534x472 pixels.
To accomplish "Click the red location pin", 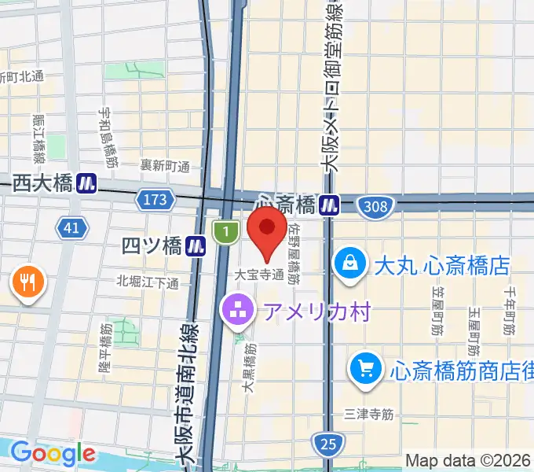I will pos(266,233).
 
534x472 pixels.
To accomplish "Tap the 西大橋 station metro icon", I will pos(86,184).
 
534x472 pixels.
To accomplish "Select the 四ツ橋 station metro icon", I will pos(196,247).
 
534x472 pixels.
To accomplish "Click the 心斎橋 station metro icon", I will pos(329,205).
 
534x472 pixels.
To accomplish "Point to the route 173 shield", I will pos(155,201).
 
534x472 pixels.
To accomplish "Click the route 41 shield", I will pos(71,228).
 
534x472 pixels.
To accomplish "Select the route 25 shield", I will pos(328,444).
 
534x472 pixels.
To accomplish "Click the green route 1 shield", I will pos(225,231).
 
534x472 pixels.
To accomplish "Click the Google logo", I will pos(52,453).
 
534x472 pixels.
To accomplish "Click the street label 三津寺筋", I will pos(368,412).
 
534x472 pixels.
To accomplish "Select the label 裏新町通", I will pos(165,166).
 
